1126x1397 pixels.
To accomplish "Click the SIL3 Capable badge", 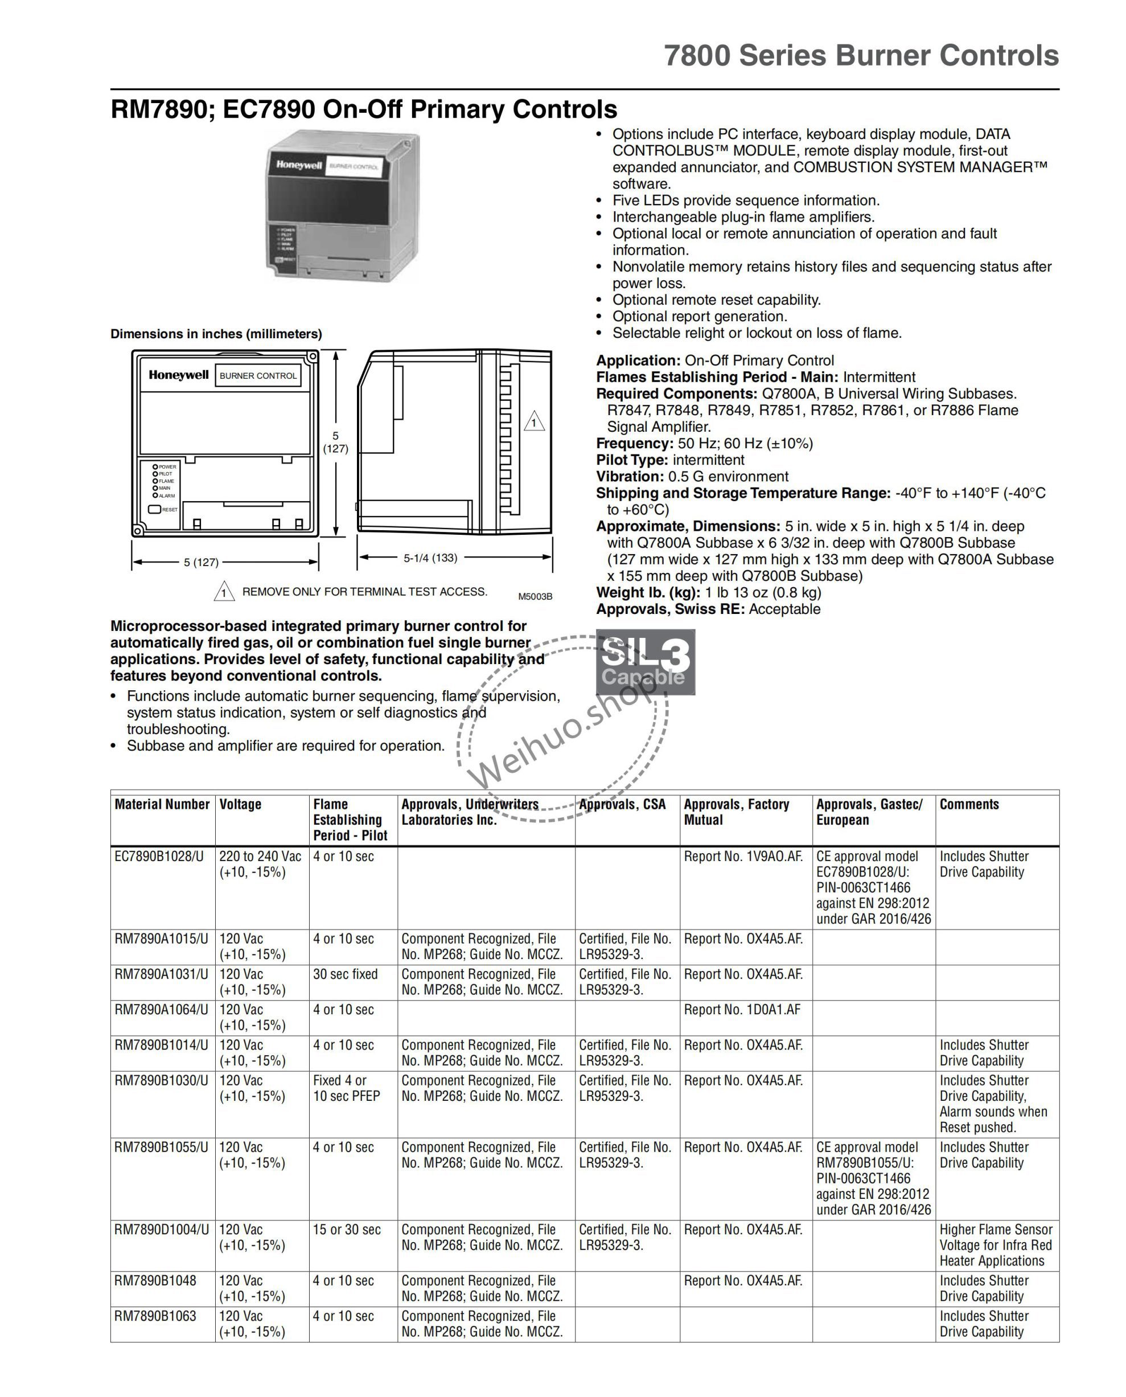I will tap(646, 662).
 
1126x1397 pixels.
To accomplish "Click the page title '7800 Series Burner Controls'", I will tap(861, 55).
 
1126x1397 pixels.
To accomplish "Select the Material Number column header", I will tap(162, 804).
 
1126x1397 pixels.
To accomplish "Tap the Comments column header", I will tap(969, 804).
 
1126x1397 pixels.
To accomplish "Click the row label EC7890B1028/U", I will tap(159, 857).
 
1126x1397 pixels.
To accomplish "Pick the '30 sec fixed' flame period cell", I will tap(345, 974).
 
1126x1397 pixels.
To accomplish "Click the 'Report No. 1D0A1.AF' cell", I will tap(742, 1010).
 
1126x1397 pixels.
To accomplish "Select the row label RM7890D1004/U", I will tap(162, 1230).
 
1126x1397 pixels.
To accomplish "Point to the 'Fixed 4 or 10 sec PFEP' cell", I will tap(346, 1088).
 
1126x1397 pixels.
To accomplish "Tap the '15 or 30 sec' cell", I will tap(346, 1230).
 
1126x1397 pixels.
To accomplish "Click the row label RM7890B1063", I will tap(155, 1316).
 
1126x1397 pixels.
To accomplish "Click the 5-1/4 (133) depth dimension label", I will tap(430, 558).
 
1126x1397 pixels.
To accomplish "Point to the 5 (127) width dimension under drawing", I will tap(201, 562).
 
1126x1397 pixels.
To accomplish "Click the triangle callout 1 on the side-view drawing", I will tap(534, 423).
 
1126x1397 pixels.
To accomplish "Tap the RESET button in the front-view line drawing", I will tap(155, 509).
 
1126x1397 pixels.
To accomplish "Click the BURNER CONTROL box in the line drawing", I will tap(258, 376).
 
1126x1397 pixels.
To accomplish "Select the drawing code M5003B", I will tap(535, 596).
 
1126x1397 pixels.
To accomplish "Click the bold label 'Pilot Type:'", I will tap(632, 460).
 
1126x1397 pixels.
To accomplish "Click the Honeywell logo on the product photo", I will tap(299, 165).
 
